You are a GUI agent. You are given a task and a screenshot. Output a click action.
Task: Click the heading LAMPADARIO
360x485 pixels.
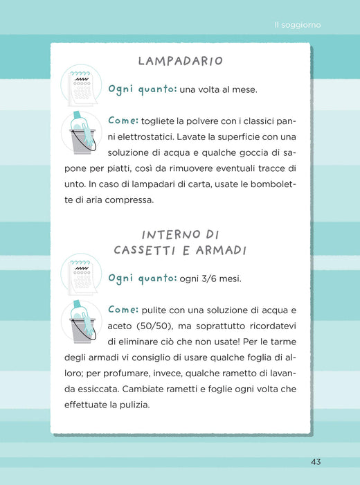[181, 61]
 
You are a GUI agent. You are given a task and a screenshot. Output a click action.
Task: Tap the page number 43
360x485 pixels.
[316, 462]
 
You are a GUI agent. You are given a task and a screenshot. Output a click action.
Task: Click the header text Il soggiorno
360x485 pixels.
[298, 25]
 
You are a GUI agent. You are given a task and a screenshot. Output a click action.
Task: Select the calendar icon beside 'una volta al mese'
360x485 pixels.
[81, 85]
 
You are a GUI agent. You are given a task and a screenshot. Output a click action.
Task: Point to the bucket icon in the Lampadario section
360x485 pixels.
[81, 133]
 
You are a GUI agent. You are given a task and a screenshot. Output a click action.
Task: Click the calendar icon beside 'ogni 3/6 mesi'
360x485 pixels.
[81, 274]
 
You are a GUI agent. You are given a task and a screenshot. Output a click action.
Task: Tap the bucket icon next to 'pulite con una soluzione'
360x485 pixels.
[81, 321]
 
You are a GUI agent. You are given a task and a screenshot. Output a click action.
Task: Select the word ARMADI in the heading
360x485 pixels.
[222, 250]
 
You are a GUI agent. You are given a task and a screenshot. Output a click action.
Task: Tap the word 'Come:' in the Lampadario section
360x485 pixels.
[123, 121]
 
